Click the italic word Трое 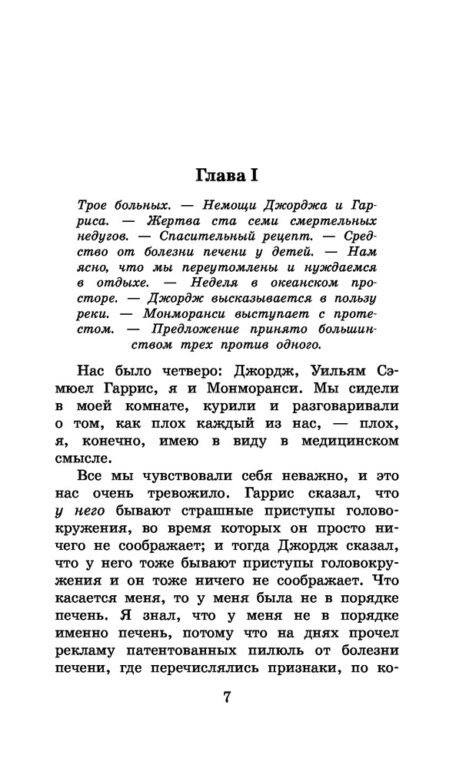tap(95, 209)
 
